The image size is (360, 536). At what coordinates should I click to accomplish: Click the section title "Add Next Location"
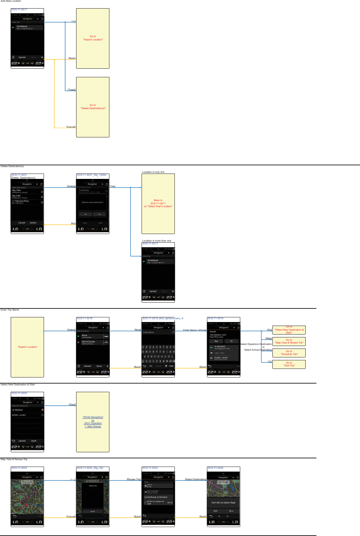(11, 1)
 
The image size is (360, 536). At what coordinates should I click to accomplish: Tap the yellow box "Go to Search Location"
(93, 38)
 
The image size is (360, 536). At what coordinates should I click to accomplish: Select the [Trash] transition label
(72, 90)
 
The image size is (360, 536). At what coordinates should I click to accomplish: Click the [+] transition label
(73, 21)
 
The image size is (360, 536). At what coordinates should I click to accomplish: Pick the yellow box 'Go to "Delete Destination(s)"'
(93, 107)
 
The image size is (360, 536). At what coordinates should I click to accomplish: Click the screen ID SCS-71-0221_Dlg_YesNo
(92, 175)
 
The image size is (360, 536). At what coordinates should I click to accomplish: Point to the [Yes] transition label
(113, 186)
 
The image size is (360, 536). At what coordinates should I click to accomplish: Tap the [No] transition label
(73, 224)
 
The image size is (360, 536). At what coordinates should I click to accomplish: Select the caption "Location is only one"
(153, 172)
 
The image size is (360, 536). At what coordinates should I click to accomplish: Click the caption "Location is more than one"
(157, 241)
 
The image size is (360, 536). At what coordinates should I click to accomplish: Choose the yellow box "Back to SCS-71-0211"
(158, 203)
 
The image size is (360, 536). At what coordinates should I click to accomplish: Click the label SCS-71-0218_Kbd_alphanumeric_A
(163, 318)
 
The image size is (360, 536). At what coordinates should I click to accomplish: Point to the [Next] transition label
(138, 330)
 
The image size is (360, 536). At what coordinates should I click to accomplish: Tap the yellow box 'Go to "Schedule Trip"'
(289, 353)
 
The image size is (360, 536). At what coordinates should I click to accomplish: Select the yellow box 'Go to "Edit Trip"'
(289, 364)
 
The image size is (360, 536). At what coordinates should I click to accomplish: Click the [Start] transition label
(72, 405)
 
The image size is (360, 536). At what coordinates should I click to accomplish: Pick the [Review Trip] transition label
(134, 479)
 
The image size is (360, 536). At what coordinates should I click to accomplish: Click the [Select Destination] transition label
(196, 479)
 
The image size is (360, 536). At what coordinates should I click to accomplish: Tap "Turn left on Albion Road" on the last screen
(223, 503)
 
